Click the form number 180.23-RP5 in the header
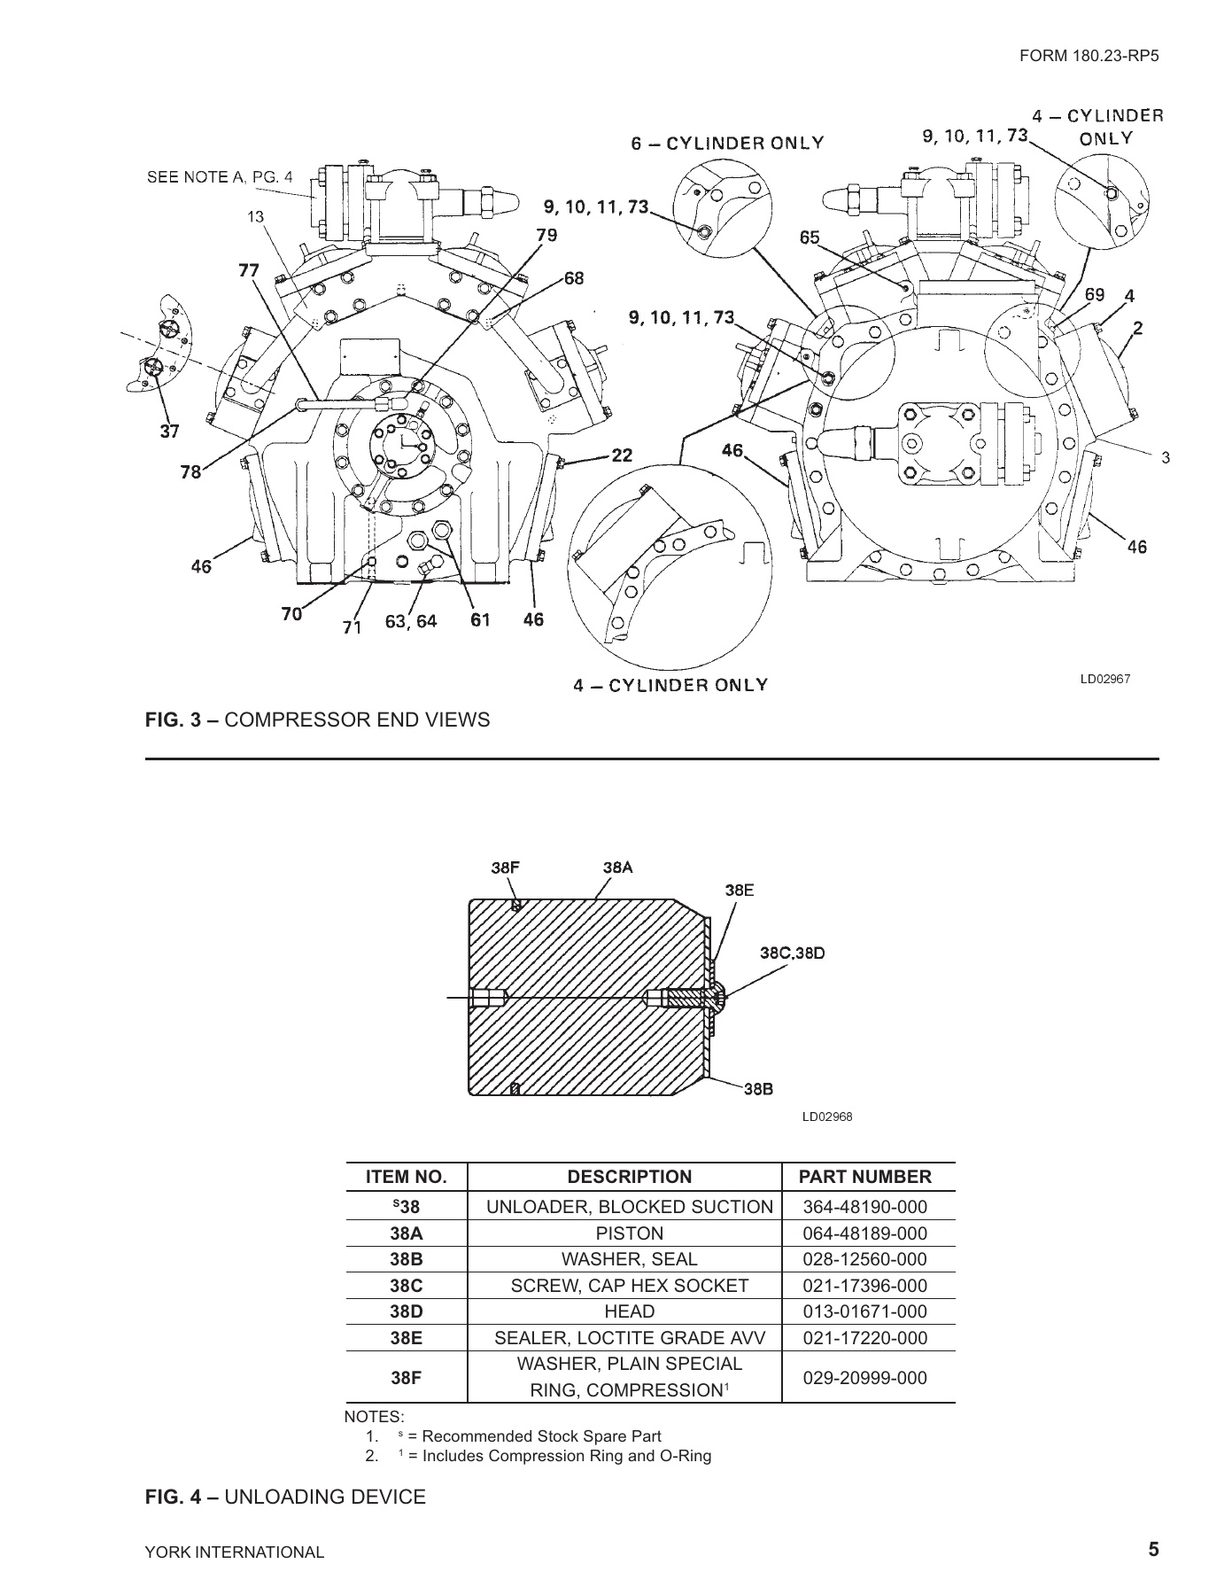pyautogui.click(x=1089, y=55)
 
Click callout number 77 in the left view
pyautogui.click(x=249, y=270)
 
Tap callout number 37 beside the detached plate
pyautogui.click(x=169, y=432)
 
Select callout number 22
pyautogui.click(x=622, y=455)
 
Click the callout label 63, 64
pyautogui.click(x=410, y=621)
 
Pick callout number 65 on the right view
pyautogui.click(x=810, y=237)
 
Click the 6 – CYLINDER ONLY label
pyautogui.click(x=727, y=143)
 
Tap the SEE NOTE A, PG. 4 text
pyautogui.click(x=219, y=176)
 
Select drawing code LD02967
pyautogui.click(x=1104, y=680)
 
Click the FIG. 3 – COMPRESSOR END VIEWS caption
pyautogui.click(x=317, y=720)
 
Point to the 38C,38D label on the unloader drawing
pyautogui.click(x=793, y=953)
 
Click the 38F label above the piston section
pyautogui.click(x=506, y=868)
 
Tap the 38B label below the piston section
pyautogui.click(x=758, y=1090)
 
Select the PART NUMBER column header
pyautogui.click(x=864, y=1177)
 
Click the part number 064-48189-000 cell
pyautogui.click(x=864, y=1233)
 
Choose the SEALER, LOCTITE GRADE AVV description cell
pyautogui.click(x=629, y=1338)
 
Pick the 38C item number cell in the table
pyautogui.click(x=406, y=1286)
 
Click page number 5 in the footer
pyautogui.click(x=1152, y=1550)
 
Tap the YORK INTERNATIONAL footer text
pyautogui.click(x=235, y=1552)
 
